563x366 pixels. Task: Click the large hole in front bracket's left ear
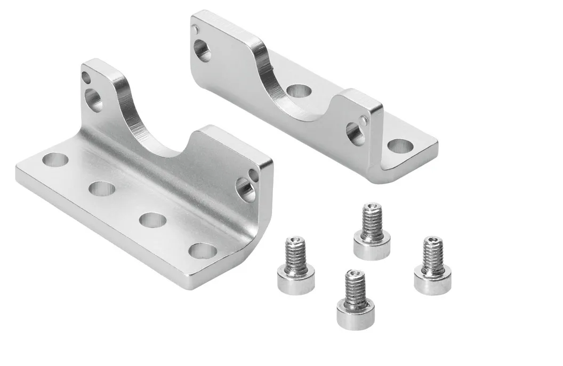[x=94, y=100]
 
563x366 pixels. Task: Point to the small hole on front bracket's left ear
[x=86, y=78]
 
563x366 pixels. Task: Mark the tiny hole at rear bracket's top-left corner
[x=197, y=28]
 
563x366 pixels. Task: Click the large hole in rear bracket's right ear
[x=355, y=133]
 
